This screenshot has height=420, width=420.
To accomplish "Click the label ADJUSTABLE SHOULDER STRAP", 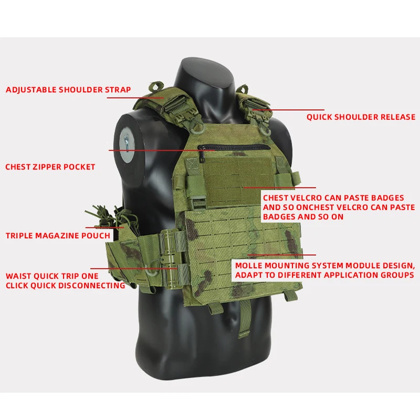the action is point(68,90).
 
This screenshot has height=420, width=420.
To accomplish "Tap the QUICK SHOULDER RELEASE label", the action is point(361,117).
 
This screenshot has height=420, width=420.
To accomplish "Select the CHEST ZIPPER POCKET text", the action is point(50,167).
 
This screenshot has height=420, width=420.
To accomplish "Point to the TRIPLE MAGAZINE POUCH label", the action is point(58,236).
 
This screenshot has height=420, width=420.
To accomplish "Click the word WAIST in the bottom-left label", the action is point(18,276).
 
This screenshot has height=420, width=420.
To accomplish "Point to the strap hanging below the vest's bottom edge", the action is point(244,318).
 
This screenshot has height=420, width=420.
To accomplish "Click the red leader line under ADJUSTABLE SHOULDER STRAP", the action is point(135,98).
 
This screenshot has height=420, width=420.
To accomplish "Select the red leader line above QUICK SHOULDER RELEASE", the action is point(288,110).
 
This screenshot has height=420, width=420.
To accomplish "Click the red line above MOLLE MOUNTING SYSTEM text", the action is point(282,255).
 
